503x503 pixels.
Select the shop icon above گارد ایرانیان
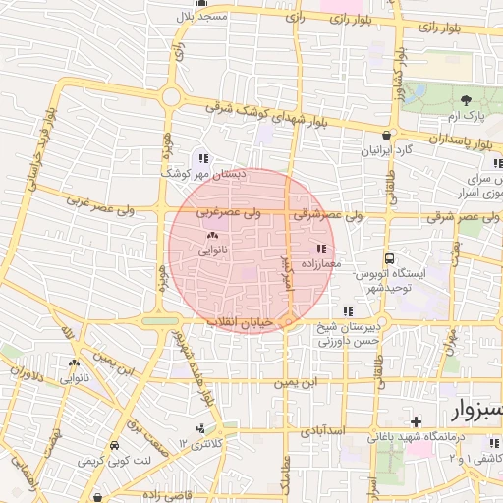click(388, 136)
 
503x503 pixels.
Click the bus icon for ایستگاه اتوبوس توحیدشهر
click(388, 257)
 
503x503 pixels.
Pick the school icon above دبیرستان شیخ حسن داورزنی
click(348, 311)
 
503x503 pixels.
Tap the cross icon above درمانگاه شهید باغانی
click(417, 421)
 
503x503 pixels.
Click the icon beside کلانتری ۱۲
click(201, 428)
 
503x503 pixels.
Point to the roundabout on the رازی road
click(171, 96)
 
